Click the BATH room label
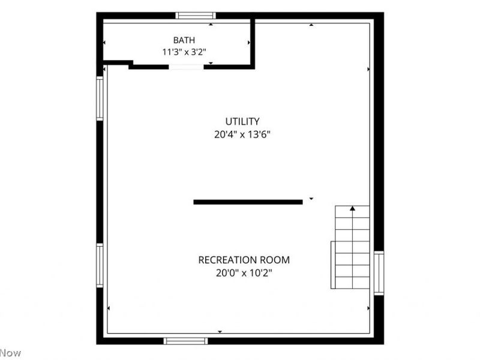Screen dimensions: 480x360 [x=184, y=40]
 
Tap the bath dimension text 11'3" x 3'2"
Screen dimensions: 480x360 [x=184, y=52]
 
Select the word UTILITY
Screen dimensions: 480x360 [x=242, y=122]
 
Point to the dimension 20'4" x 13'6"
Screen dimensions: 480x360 [x=242, y=134]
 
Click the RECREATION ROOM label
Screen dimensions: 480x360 [x=244, y=260]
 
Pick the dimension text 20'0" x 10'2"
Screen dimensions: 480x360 [x=244, y=273]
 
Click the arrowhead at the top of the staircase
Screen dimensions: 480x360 [x=353, y=208]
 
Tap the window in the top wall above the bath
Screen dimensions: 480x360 [x=196, y=16]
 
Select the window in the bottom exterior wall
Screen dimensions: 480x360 [x=185, y=341]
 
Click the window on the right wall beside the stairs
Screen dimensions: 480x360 [x=379, y=273]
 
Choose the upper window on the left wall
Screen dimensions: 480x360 [x=100, y=98]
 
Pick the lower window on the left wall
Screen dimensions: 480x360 [x=100, y=265]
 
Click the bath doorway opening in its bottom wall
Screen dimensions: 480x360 [x=187, y=67]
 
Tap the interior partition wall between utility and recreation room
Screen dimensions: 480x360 [x=248, y=202]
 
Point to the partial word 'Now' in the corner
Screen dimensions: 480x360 [x=10, y=353]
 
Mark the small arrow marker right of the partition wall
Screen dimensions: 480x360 [x=311, y=199]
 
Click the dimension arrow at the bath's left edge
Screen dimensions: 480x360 [x=104, y=43]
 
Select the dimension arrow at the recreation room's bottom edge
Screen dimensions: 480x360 [x=220, y=332]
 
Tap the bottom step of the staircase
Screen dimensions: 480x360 [x=353, y=283]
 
